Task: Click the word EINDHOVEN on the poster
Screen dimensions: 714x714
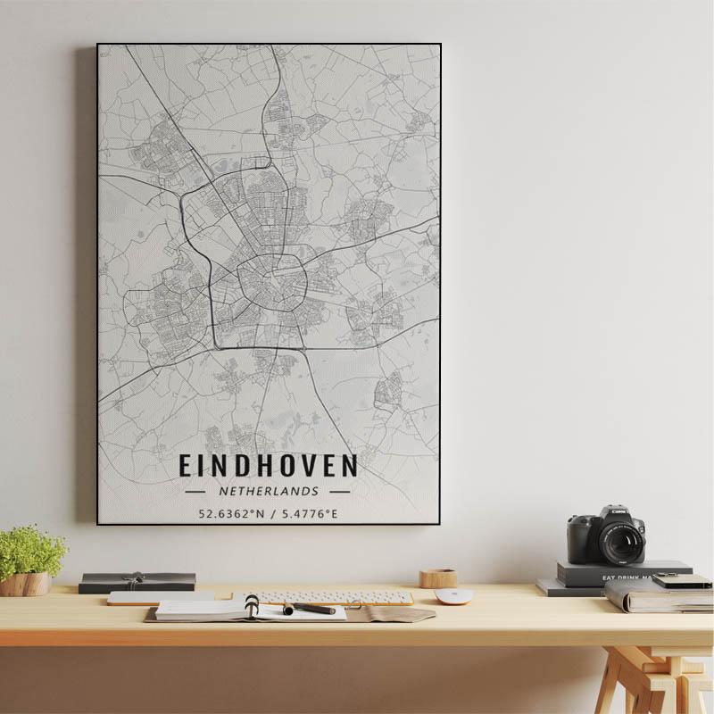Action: click(268, 466)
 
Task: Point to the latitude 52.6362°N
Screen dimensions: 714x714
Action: click(232, 513)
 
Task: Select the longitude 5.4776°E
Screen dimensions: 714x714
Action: click(308, 513)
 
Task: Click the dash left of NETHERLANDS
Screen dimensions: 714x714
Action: click(195, 491)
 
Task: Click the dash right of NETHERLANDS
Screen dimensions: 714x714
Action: click(339, 491)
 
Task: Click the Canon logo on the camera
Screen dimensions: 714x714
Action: click(616, 511)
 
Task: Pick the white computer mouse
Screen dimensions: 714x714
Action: click(452, 595)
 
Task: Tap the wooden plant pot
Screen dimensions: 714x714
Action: click(25, 585)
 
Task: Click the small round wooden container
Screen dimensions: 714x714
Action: click(438, 578)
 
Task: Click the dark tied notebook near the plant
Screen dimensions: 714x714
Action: click(137, 582)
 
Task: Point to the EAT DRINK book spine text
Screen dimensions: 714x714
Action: click(625, 577)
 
